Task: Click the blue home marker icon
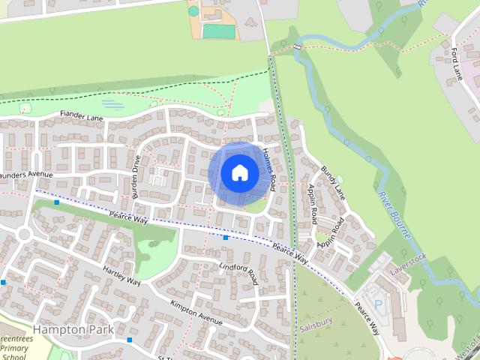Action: point(239,173)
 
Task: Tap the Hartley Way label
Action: point(122,277)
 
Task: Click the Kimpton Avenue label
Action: point(196,313)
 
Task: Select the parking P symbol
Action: point(377,304)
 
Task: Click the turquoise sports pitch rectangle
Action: point(217,31)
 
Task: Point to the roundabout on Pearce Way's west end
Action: point(25,234)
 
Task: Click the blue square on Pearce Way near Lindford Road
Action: point(225,238)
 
